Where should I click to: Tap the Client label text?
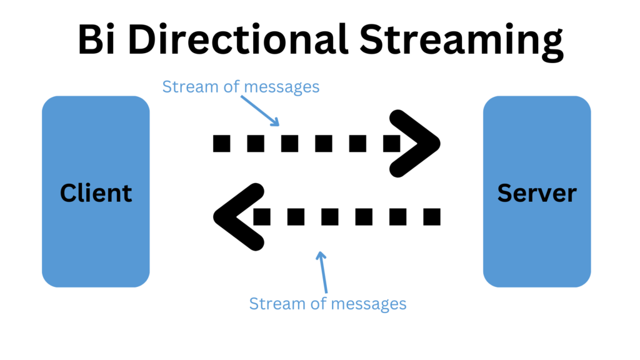coord(96,192)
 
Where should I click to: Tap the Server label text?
coord(537,192)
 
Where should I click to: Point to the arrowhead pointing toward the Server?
coord(416,143)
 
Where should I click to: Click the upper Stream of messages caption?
coord(241,87)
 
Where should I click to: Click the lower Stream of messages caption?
coord(327,304)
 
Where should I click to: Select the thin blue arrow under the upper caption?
coord(258,110)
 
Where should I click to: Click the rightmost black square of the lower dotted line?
coord(431,217)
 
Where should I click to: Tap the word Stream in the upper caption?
coord(182,87)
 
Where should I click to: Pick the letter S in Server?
coord(505,192)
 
